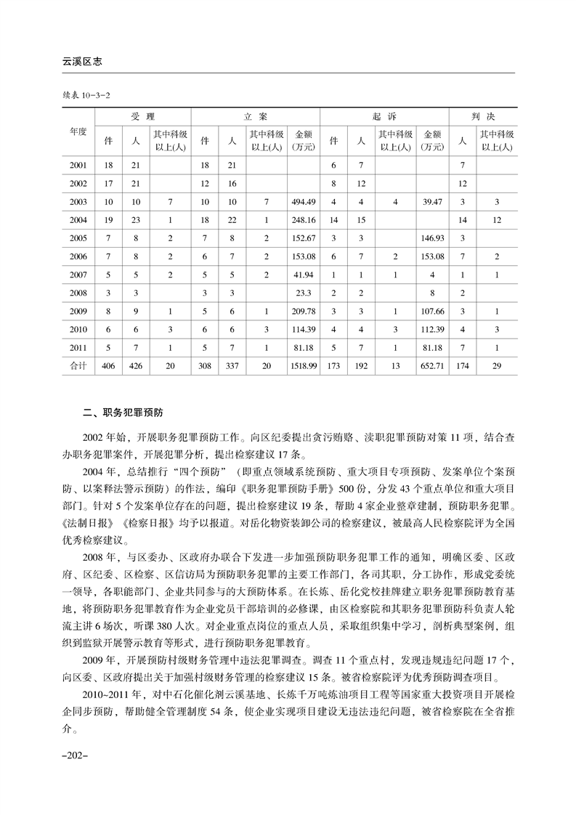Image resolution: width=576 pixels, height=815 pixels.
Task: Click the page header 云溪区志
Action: pyautogui.click(x=81, y=62)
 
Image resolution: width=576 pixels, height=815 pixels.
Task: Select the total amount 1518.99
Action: pyautogui.click(x=303, y=366)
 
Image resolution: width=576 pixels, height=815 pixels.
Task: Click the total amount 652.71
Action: pyautogui.click(x=432, y=366)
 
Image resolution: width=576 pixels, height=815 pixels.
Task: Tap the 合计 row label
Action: pyautogui.click(x=78, y=366)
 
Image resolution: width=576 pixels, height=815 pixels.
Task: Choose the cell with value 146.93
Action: pyautogui.click(x=432, y=238)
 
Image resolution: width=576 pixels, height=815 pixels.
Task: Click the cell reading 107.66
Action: pyautogui.click(x=432, y=311)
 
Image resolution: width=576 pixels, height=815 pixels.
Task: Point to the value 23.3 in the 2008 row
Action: pyautogui.click(x=303, y=293)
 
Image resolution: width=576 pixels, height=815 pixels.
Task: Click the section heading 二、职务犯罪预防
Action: pyautogui.click(x=123, y=415)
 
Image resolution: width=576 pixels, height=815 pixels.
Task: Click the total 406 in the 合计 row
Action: pyautogui.click(x=110, y=366)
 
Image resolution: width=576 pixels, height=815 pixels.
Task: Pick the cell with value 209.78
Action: pyautogui.click(x=303, y=311)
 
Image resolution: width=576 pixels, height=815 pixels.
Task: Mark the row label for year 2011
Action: pyautogui.click(x=78, y=347)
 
